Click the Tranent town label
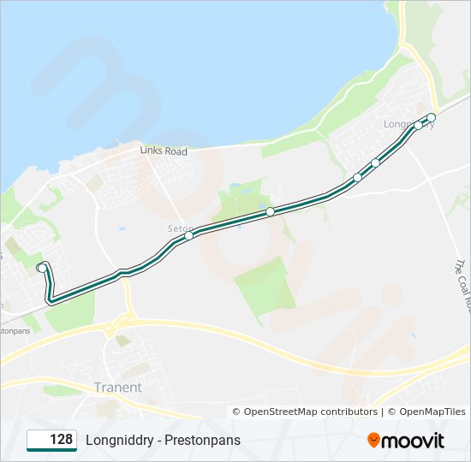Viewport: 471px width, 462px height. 118,388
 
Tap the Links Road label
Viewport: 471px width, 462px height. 164,151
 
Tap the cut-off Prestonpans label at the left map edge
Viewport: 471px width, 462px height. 15,329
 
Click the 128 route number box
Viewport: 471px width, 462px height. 52,440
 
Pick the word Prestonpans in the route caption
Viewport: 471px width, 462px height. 203,440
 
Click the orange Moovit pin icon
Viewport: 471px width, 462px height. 374,441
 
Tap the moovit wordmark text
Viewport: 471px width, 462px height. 414,441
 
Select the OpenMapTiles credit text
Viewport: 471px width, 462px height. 426,412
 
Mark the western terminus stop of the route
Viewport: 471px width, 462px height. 41,268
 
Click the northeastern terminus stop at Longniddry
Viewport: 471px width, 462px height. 432,117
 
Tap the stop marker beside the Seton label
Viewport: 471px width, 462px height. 189,235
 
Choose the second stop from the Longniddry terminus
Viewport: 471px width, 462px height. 419,126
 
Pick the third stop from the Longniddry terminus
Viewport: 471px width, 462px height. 375,163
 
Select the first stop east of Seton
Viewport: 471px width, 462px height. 270,211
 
